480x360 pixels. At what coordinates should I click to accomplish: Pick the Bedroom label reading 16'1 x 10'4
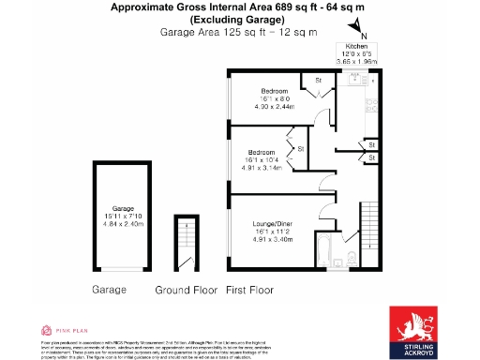(261, 152)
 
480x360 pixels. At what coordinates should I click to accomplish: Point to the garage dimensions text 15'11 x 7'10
(125, 217)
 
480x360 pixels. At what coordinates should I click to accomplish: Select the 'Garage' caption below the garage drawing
(109, 292)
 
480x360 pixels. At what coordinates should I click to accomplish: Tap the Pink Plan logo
(65, 330)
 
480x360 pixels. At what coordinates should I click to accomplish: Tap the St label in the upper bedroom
(319, 81)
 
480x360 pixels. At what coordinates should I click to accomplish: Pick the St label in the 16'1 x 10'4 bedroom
(301, 149)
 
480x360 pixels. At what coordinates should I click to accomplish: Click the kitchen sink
(371, 101)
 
